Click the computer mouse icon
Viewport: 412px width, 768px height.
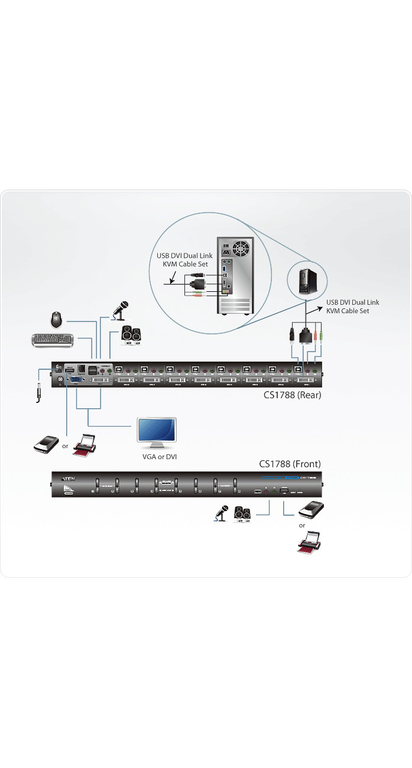click(56, 320)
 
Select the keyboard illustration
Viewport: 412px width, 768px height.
click(52, 340)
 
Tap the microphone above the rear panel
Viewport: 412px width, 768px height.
click(121, 310)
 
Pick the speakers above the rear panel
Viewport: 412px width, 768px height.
click(131, 334)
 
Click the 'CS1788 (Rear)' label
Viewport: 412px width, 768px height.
click(292, 395)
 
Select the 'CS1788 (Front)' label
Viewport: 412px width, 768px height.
click(290, 464)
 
